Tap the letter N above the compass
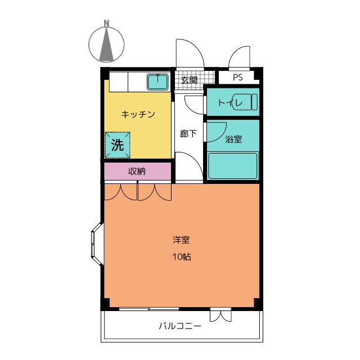106,24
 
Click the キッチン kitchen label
138,115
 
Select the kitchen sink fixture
157,82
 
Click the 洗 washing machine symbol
117,145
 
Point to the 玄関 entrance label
189,80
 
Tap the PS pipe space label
238,78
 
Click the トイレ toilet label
229,102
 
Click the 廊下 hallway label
188,134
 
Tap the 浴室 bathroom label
233,139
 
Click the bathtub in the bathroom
232,165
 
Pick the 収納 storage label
137,172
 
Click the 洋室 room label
181,240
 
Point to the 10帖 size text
181,257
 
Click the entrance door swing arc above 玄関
189,53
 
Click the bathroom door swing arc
217,132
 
